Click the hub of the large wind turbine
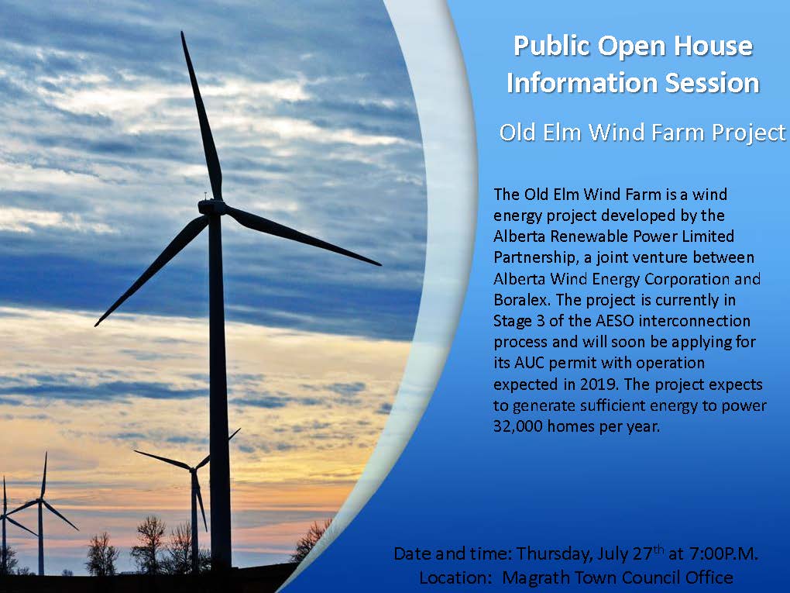click(x=211, y=207)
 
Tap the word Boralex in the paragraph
click(x=518, y=299)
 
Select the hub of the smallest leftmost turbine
click(x=41, y=500)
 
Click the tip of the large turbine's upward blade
click(x=183, y=33)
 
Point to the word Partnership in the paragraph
click(x=530, y=257)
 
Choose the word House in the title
click(x=716, y=46)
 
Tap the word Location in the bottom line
click(x=452, y=577)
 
